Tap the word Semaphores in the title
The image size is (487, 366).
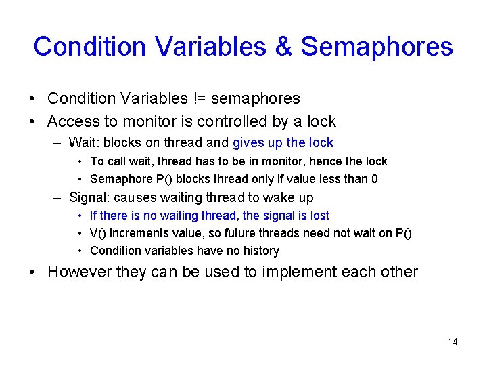(377, 47)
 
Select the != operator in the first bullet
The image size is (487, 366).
(200, 98)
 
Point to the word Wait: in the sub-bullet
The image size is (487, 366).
(83, 142)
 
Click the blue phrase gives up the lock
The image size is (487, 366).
(283, 142)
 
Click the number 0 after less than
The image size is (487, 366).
(375, 179)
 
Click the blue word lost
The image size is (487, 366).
(319, 216)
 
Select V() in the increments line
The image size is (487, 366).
(98, 233)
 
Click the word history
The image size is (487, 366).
(259, 251)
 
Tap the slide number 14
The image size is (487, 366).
(453, 342)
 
